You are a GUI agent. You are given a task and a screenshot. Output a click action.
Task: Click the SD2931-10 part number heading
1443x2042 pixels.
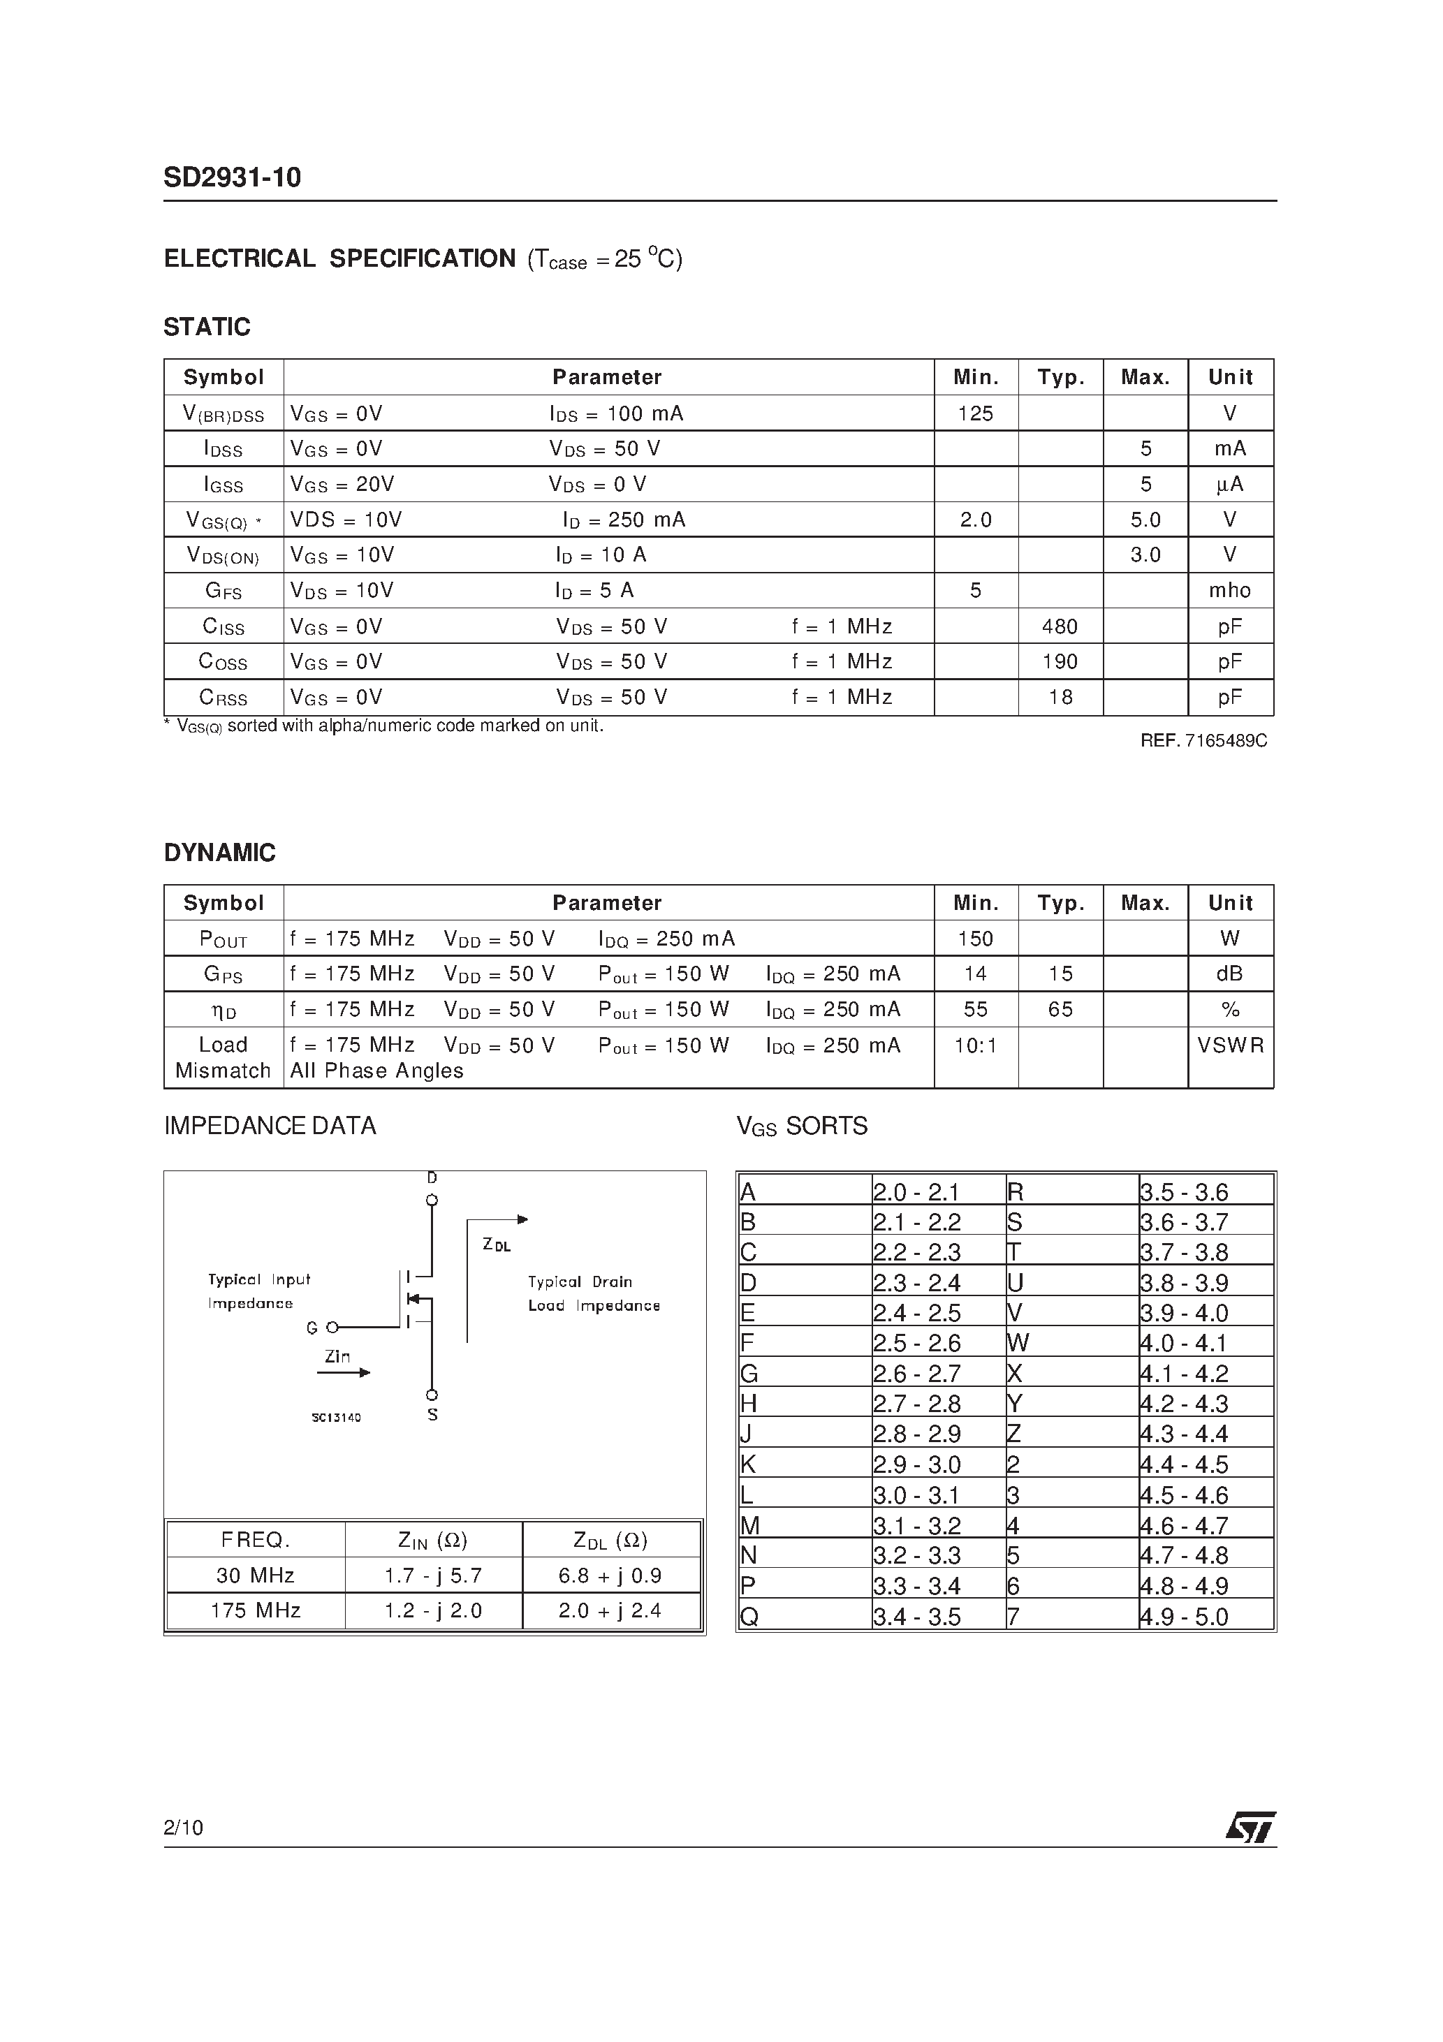pos(232,178)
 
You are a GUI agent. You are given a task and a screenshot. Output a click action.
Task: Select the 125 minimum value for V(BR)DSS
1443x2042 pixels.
pos(975,413)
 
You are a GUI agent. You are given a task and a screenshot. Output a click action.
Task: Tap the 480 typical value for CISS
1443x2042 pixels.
pos(1060,627)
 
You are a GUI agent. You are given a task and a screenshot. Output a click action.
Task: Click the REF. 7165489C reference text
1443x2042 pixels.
pos(1203,741)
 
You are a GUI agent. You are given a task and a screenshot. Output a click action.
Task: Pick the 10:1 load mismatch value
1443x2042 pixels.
pos(975,1046)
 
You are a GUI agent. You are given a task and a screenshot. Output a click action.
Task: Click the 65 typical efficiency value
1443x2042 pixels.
pos(1060,1011)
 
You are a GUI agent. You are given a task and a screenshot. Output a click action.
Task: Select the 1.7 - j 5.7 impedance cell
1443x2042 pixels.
pos(433,1576)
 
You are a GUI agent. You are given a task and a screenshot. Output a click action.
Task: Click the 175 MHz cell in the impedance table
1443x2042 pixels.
pos(256,1610)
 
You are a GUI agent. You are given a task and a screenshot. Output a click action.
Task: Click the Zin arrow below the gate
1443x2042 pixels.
pos(344,1372)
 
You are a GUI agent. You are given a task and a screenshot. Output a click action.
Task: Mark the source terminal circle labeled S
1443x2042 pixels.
pos(432,1395)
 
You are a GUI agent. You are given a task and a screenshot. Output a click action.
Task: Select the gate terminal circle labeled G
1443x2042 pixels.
pos(332,1328)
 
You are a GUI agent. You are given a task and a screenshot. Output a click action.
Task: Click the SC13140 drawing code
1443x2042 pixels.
pos(336,1418)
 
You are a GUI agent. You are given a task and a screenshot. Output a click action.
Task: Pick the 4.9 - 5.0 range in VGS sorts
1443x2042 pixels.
pos(1183,1617)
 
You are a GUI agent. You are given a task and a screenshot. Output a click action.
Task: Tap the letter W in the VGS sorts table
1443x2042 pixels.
pos(1018,1343)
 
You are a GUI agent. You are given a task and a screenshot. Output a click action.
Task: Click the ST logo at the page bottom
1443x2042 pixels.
pos(1250,1828)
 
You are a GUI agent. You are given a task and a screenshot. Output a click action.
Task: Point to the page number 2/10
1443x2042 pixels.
pos(183,1828)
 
